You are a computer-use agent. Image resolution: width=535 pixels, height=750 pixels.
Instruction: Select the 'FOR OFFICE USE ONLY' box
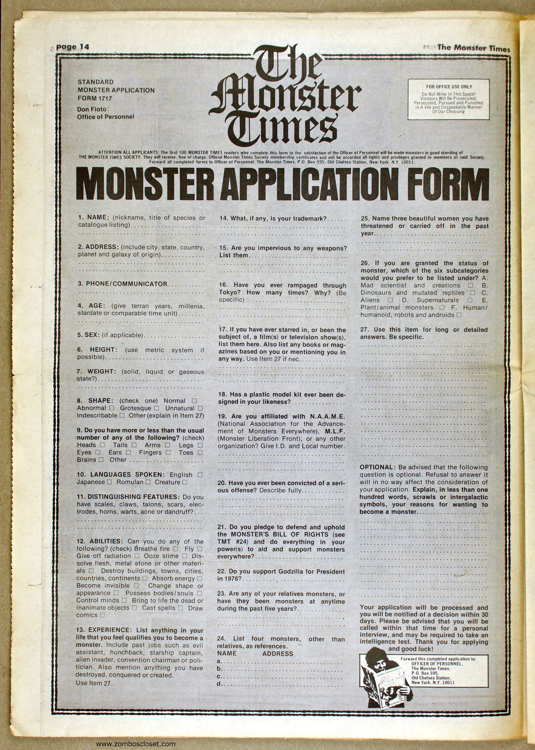click(x=449, y=99)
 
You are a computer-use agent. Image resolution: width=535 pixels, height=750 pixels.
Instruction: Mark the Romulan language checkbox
click(x=148, y=482)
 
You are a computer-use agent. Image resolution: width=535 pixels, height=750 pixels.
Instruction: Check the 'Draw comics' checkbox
click(x=102, y=615)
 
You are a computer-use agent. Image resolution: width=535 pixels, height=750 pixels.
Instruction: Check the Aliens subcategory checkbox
click(x=390, y=300)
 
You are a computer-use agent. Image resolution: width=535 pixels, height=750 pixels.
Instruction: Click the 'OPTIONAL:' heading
click(x=377, y=467)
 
